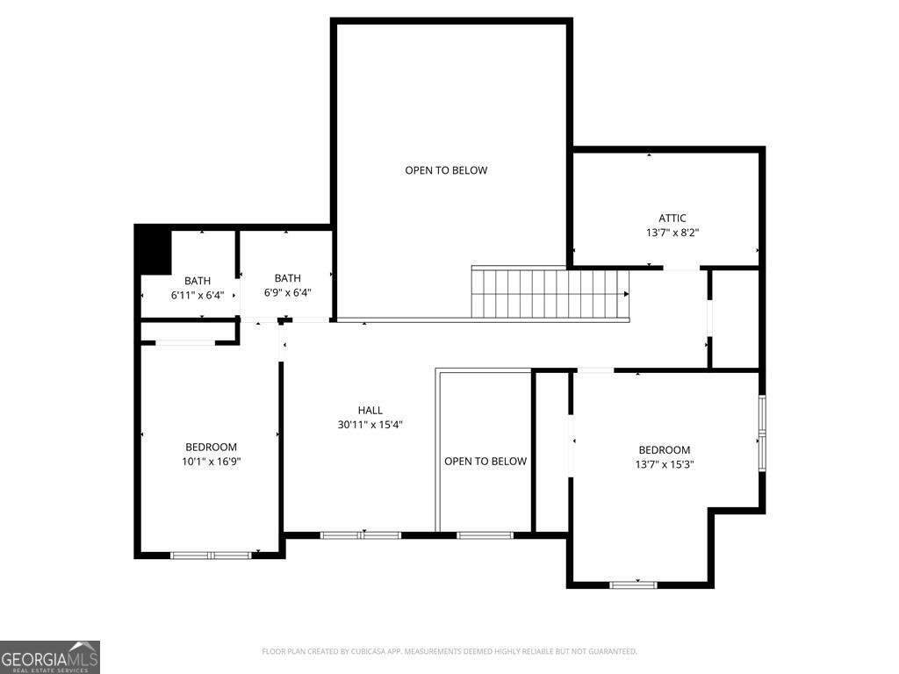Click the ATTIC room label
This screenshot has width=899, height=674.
tap(672, 219)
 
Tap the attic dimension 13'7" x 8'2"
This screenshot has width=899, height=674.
tap(672, 233)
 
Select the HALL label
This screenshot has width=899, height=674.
tap(370, 410)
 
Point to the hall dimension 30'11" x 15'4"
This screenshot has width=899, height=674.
tap(370, 425)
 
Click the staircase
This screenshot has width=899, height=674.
tap(550, 294)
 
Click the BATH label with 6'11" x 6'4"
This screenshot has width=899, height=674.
tap(198, 281)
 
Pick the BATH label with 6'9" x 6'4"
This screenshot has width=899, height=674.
tap(287, 278)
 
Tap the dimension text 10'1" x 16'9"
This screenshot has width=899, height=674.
tap(211, 462)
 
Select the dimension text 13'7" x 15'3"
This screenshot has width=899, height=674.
tap(664, 465)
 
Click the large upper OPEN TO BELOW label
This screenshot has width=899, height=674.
tap(445, 170)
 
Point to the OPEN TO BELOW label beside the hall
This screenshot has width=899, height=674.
tap(485, 462)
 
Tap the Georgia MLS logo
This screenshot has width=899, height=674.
tap(50, 657)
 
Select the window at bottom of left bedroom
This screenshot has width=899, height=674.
tap(211, 555)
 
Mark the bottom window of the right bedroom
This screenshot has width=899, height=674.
tap(633, 584)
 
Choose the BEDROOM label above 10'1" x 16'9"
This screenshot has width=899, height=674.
tap(211, 447)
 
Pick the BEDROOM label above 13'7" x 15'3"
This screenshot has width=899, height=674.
tap(664, 450)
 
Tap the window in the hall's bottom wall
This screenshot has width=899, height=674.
tap(361, 534)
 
